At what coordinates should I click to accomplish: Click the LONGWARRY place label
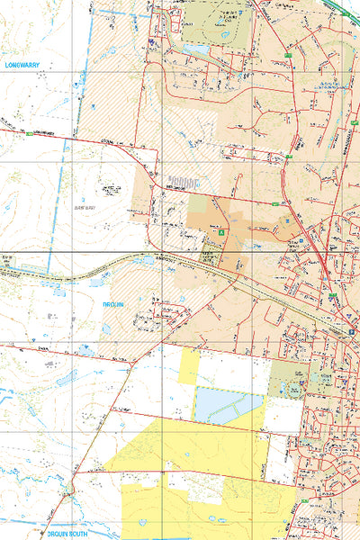coord(23,66)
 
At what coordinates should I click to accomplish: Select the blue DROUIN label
coord(112,306)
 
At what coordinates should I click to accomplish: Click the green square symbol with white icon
coord(221,233)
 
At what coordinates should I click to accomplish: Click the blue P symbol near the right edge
coord(349,331)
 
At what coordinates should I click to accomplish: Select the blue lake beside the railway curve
coord(148,261)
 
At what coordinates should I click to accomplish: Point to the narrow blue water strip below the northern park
coord(199,50)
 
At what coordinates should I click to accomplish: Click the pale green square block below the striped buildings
coord(196,205)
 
